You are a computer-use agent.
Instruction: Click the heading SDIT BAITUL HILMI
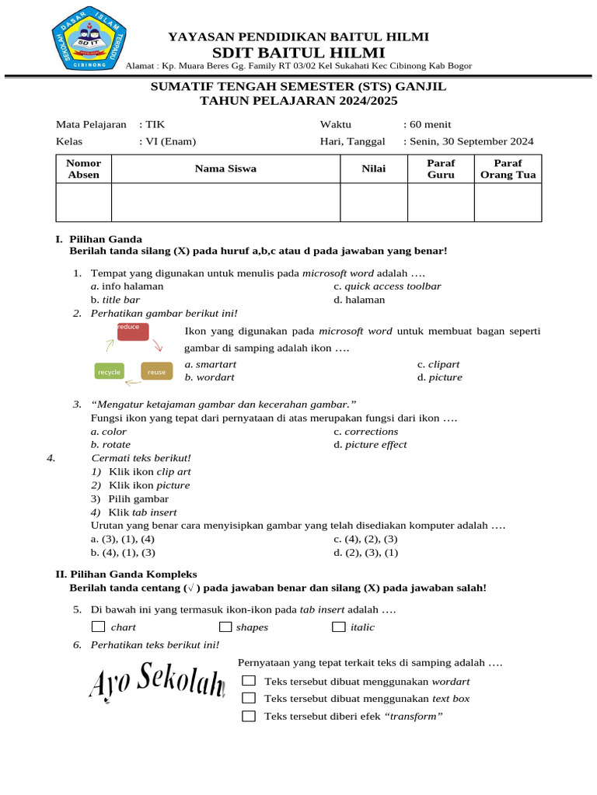click(299, 52)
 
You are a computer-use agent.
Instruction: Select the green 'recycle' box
click(110, 372)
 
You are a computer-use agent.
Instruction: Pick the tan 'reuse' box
click(156, 372)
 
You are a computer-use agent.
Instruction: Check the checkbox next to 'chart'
click(98, 627)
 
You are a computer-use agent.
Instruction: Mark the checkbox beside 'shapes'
click(225, 627)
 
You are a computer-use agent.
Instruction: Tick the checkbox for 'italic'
click(338, 627)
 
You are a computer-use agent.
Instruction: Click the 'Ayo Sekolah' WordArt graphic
click(157, 681)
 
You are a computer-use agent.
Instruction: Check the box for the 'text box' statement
click(249, 698)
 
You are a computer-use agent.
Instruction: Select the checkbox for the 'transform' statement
click(249, 716)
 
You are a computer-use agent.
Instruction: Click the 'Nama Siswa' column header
click(225, 168)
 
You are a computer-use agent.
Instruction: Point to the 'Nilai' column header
click(373, 168)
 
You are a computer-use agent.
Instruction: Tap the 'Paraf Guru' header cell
click(441, 168)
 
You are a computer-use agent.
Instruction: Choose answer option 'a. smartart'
click(211, 363)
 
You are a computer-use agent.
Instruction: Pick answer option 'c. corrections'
click(365, 431)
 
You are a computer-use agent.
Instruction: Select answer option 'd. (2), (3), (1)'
click(365, 552)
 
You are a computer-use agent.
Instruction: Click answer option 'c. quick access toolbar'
click(387, 286)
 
